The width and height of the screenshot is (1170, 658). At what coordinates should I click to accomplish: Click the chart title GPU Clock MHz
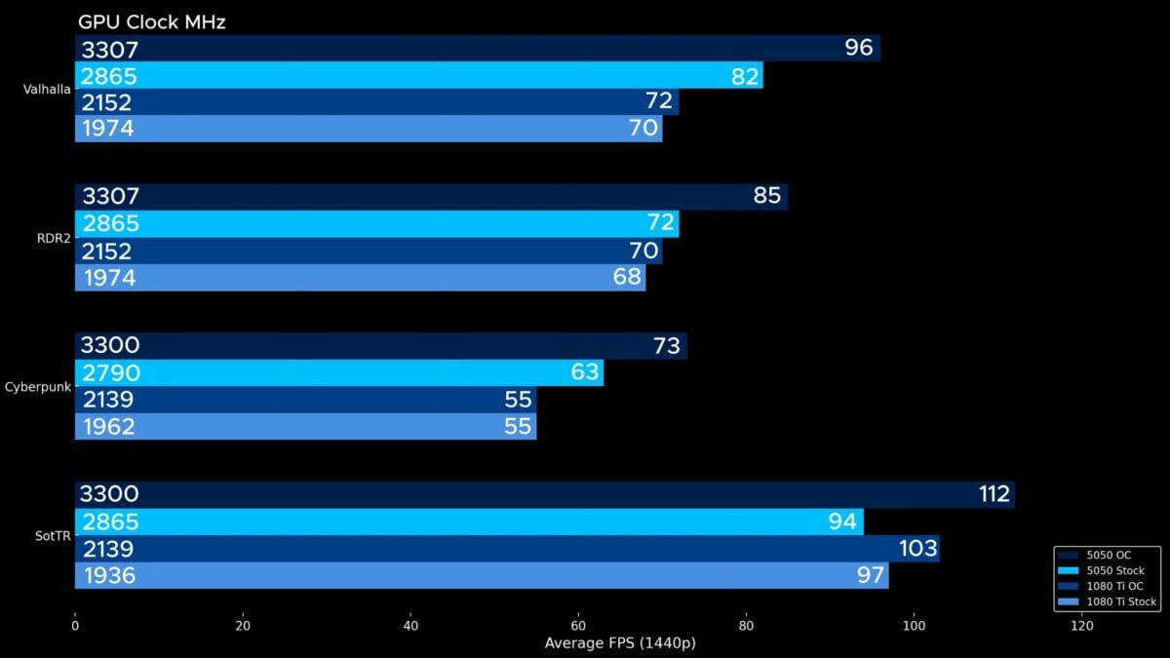pyautogui.click(x=152, y=21)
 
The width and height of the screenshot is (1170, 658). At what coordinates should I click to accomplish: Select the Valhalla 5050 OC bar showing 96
pyautogui.click(x=477, y=49)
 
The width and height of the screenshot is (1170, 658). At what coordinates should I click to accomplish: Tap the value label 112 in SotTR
pyautogui.click(x=994, y=494)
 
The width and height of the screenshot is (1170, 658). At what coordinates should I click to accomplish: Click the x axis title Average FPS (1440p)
pyautogui.click(x=620, y=643)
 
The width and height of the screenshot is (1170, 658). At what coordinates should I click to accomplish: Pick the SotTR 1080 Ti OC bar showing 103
pyautogui.click(x=506, y=549)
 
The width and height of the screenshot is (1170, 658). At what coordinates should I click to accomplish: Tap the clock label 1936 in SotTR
pyautogui.click(x=108, y=576)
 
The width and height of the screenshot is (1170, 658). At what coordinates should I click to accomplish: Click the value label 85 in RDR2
pyautogui.click(x=767, y=197)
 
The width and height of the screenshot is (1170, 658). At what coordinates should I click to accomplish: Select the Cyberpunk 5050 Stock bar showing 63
pyautogui.click(x=338, y=372)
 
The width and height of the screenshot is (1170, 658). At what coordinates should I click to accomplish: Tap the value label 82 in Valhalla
pyautogui.click(x=745, y=76)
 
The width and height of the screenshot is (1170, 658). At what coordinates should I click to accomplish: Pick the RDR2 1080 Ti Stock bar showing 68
pyautogui.click(x=360, y=278)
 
